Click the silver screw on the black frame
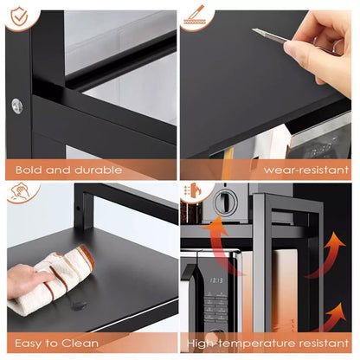(17, 106)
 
